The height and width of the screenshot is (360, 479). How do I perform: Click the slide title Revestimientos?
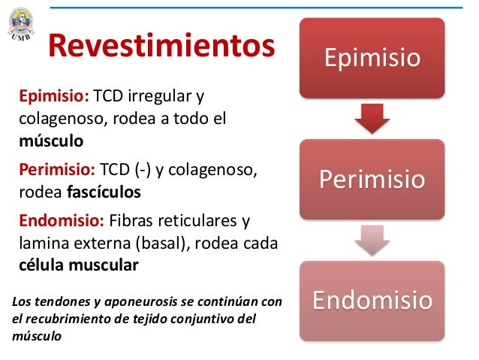(161, 47)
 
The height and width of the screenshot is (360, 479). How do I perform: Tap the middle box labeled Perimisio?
(372, 180)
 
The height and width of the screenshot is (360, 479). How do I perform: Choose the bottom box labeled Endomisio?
(372, 301)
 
